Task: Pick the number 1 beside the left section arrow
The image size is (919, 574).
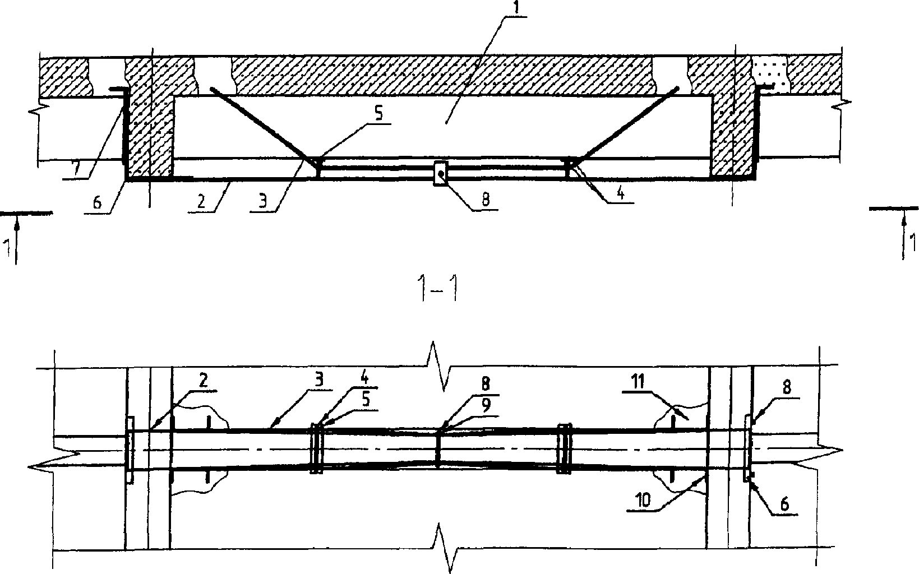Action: (x=7, y=247)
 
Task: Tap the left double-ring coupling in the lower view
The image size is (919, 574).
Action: (x=317, y=448)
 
